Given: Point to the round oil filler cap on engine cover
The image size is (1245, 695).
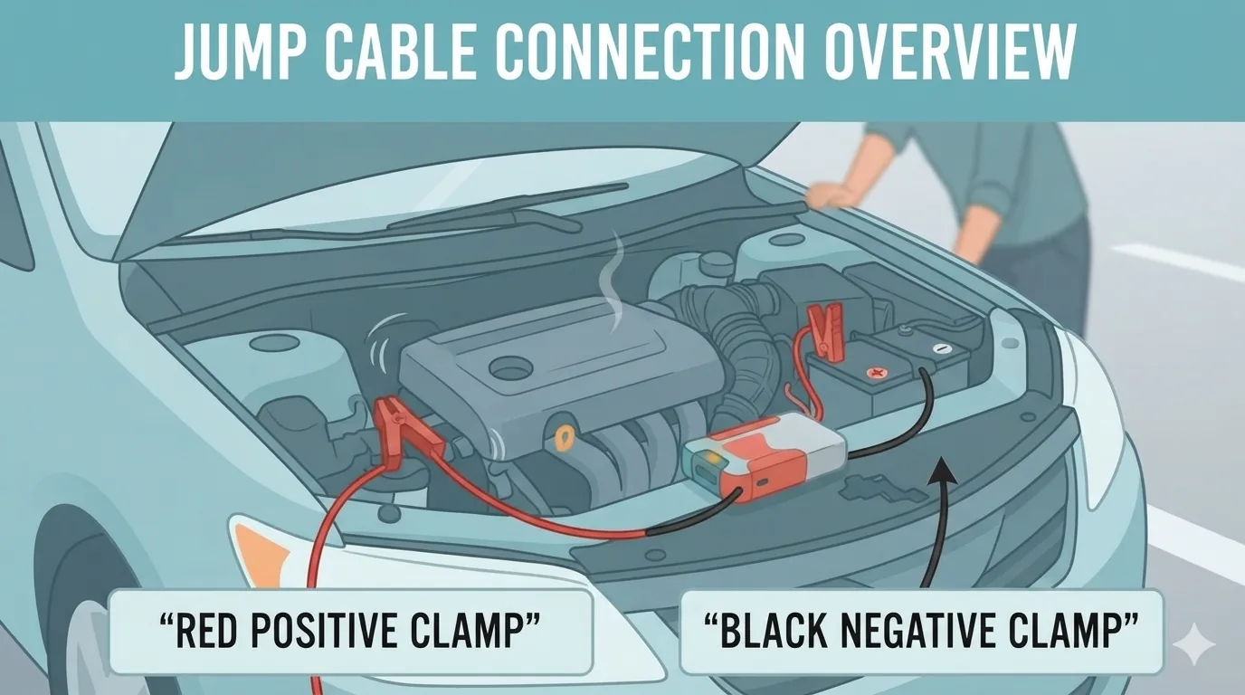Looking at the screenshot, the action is (509, 368).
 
